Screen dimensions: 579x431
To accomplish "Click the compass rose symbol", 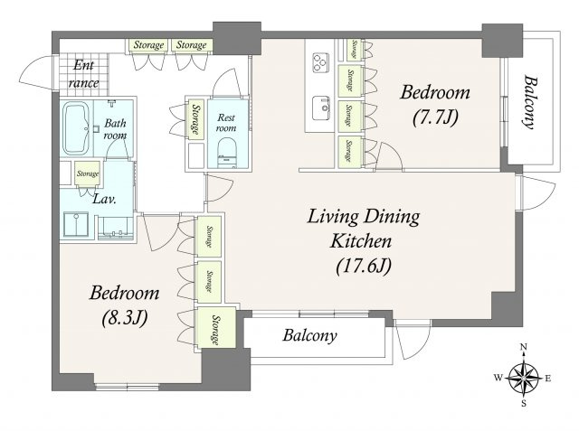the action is pos(524,377).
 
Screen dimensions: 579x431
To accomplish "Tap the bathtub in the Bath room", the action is pos(76,128).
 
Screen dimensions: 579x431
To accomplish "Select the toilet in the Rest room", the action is pos(226,153).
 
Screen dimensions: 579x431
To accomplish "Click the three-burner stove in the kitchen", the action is pos(320,62).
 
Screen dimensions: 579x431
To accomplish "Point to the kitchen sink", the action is pos(320,108).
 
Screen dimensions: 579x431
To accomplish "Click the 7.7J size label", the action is pos(435,117).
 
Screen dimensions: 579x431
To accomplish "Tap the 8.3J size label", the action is pos(125,317).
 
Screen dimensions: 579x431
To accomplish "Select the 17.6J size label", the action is pos(364,266).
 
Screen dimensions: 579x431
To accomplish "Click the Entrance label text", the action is pos(84,74).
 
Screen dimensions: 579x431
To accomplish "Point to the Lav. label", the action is pos(105,200).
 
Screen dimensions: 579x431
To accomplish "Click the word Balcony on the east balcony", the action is pos(530,102).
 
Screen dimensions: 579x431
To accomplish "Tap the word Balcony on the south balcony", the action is pos(309,336).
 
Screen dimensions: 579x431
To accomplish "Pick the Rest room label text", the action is pos(226,123).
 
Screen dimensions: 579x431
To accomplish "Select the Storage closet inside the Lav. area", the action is pos(88,173).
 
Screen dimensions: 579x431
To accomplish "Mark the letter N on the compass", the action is pos(523,346).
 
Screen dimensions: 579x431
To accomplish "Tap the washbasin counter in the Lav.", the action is pos(116,229).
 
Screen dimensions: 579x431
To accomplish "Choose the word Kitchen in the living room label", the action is pos(361,241).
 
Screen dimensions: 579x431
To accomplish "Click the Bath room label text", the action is pos(115,128).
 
